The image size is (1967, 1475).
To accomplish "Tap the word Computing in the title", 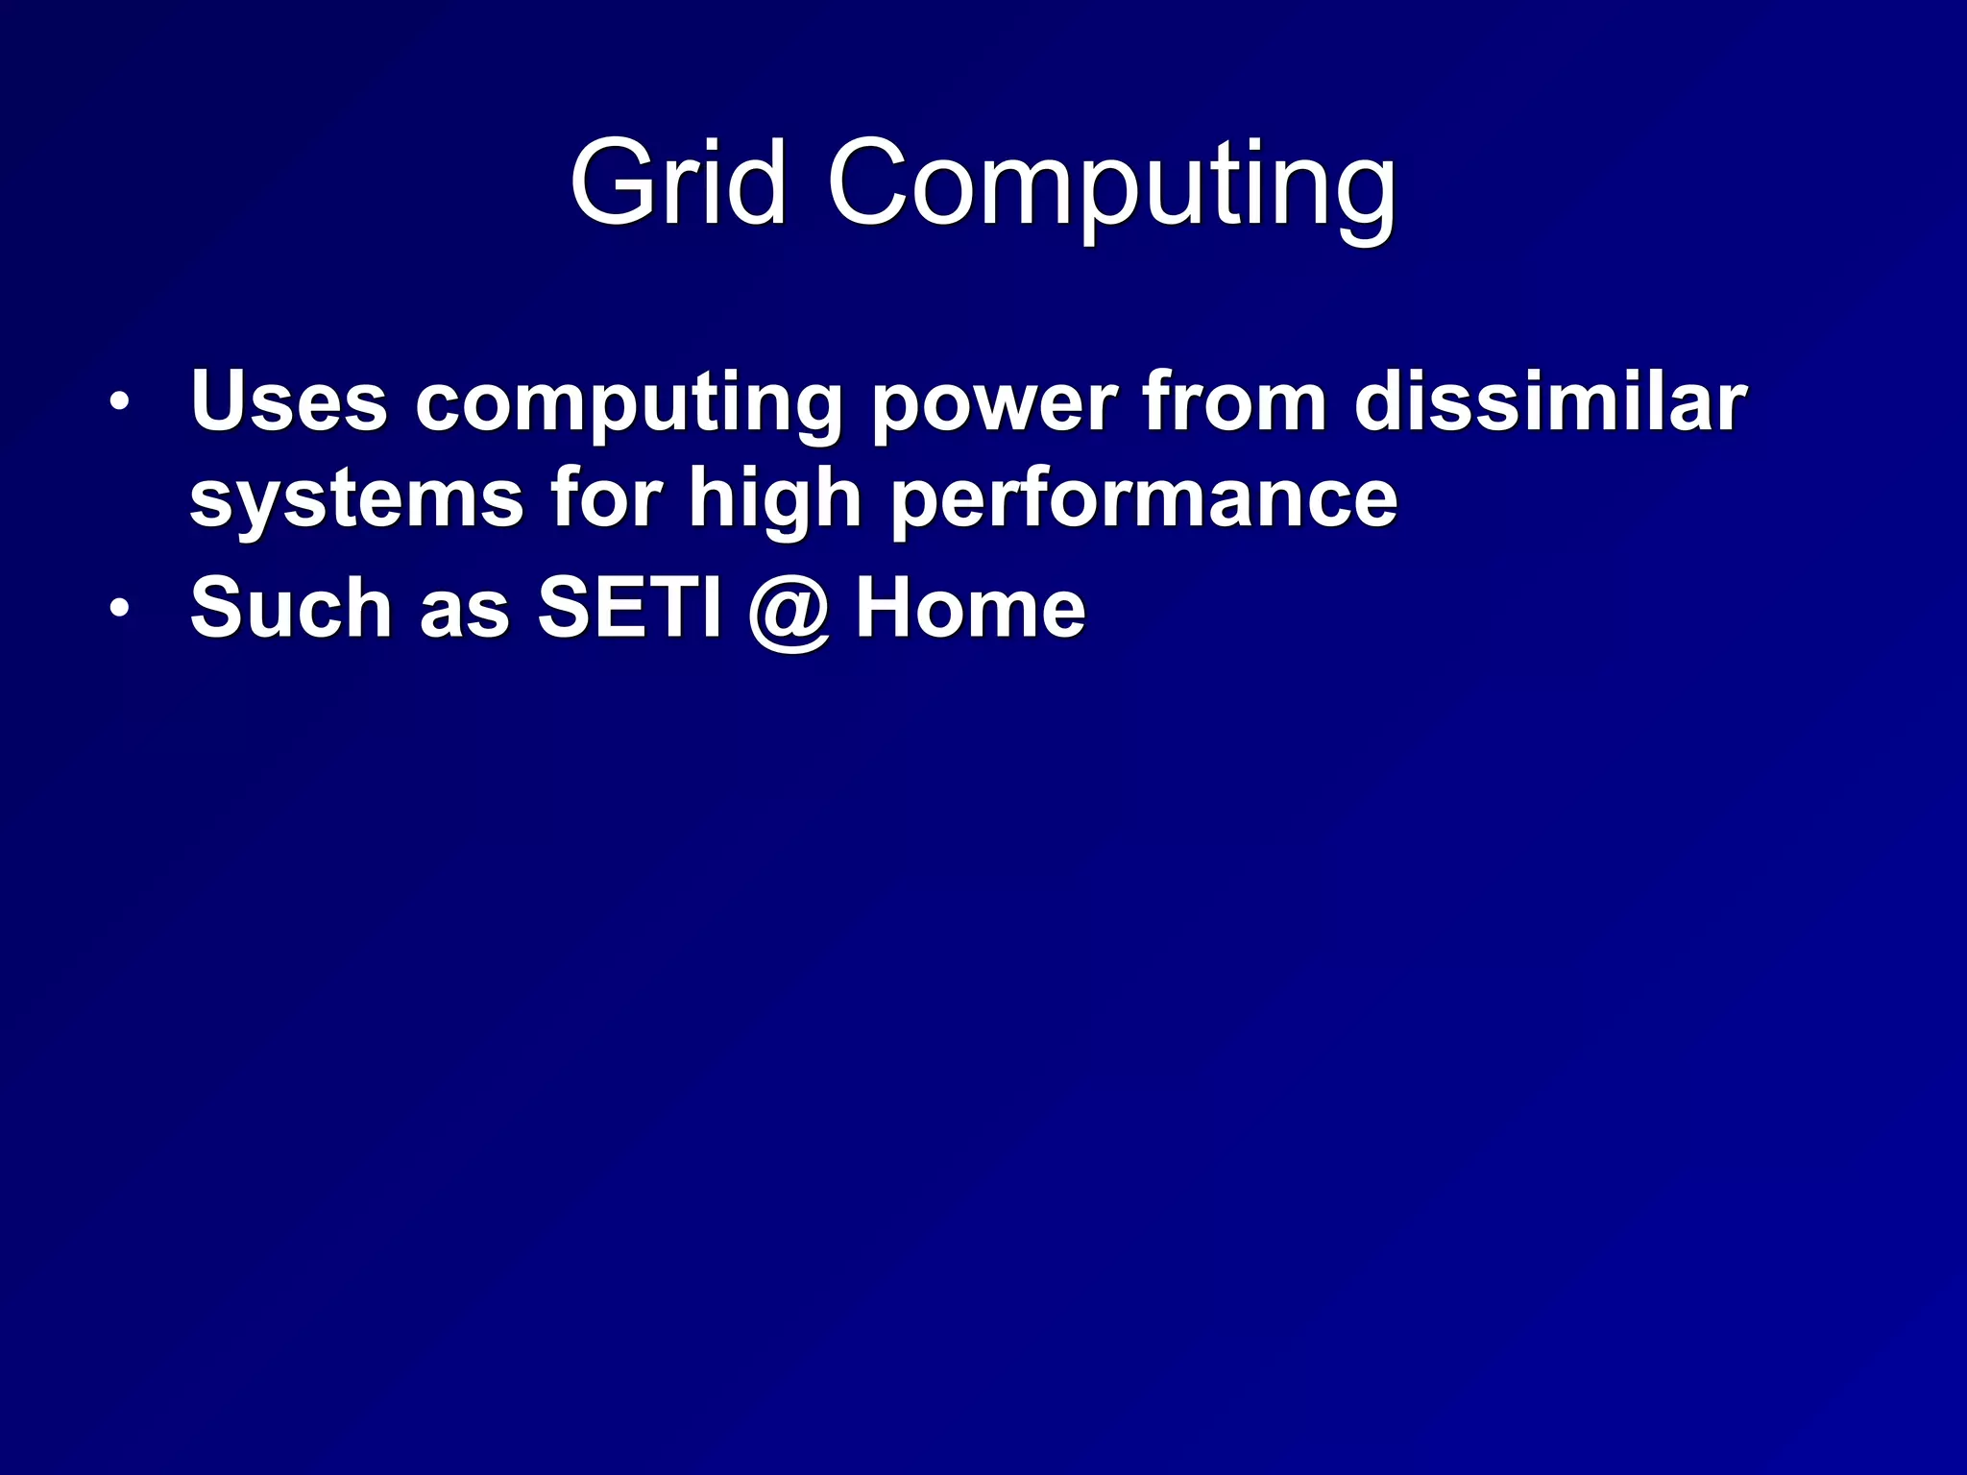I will click(x=1111, y=187).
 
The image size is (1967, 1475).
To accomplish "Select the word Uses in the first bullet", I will click(x=289, y=401).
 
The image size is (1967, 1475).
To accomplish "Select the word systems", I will click(x=356, y=501).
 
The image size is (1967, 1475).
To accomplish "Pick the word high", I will click(x=775, y=501).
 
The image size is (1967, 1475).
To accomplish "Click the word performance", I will click(x=1144, y=501).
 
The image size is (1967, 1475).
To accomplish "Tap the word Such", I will click(x=291, y=607).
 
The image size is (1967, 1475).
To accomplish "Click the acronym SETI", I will click(x=629, y=607).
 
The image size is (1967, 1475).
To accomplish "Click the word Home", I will click(x=971, y=607).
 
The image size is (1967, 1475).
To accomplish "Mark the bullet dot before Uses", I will click(x=118, y=403).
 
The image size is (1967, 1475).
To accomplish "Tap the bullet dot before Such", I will click(x=118, y=609).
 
